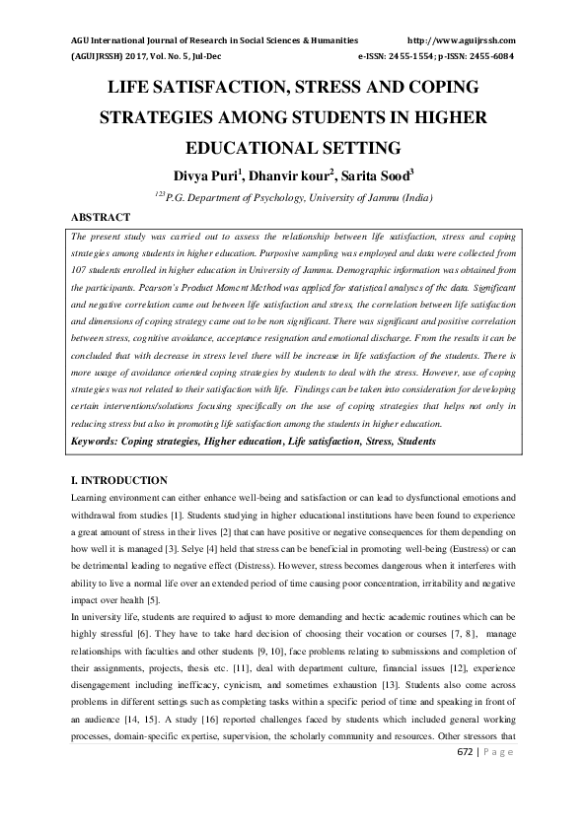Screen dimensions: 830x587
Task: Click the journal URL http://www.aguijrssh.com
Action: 461,40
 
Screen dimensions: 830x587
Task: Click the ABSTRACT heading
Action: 101,217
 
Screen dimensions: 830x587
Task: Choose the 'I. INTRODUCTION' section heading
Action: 119,480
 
